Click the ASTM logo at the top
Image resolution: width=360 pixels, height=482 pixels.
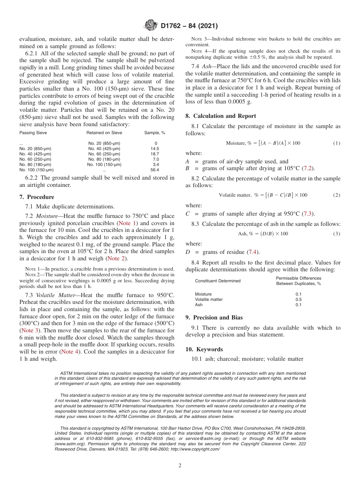click(x=150, y=26)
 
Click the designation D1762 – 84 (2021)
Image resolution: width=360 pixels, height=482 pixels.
click(x=189, y=26)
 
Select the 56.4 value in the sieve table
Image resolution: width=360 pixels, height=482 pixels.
click(x=155, y=170)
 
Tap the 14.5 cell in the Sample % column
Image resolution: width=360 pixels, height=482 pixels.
click(x=155, y=149)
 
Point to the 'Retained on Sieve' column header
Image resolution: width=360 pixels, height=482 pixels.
click(x=104, y=133)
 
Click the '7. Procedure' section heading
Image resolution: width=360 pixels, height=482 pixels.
click(x=36, y=197)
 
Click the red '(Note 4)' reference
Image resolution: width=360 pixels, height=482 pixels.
click(x=70, y=352)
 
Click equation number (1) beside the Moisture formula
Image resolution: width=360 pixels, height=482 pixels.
click(x=337, y=143)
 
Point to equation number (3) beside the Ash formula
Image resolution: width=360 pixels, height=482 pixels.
click(x=337, y=234)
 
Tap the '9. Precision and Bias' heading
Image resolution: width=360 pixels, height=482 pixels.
click(x=214, y=318)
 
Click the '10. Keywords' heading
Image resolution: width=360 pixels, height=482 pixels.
click(x=204, y=349)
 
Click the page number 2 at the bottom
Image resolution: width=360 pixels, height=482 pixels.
click(x=180, y=466)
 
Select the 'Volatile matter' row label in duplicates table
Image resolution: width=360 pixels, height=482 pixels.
click(x=209, y=299)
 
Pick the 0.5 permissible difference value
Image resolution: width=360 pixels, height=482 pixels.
click(x=299, y=299)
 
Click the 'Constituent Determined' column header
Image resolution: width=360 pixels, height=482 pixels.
click(x=218, y=281)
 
